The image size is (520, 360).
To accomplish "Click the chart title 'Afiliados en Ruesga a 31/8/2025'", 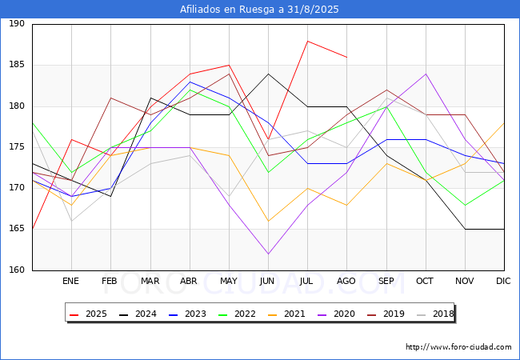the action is coord(259,10).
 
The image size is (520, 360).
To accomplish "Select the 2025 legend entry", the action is coord(89,314).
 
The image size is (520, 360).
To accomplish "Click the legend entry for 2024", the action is coord(138,314).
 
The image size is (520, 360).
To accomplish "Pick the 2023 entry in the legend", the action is coord(188,314).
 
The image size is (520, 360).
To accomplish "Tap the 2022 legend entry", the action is coord(237,314).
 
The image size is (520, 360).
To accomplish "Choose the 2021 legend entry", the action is coord(287,314).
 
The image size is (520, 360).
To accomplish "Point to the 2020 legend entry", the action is coord(336,314).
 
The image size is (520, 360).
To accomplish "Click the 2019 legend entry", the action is coord(386,314).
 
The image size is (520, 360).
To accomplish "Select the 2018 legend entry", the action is coord(435,314).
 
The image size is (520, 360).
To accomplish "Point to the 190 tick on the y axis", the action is coord(17,23).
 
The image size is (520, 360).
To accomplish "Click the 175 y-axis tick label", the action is coord(17,147).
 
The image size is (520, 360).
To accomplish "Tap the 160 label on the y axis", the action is coord(17,270).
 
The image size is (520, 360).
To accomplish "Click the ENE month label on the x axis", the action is coord(70,281).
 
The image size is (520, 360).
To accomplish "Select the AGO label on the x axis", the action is coord(346,281).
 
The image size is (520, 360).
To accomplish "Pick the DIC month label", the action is coord(503,281).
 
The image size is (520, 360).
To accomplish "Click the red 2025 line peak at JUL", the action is coord(308,41).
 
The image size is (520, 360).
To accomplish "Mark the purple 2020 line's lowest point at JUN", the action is coord(268,254).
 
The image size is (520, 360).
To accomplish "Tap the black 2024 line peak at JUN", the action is coord(268,74).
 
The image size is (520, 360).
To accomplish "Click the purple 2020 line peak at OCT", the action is coord(426,74).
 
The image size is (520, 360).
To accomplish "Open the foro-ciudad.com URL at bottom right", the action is coord(458,347).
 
